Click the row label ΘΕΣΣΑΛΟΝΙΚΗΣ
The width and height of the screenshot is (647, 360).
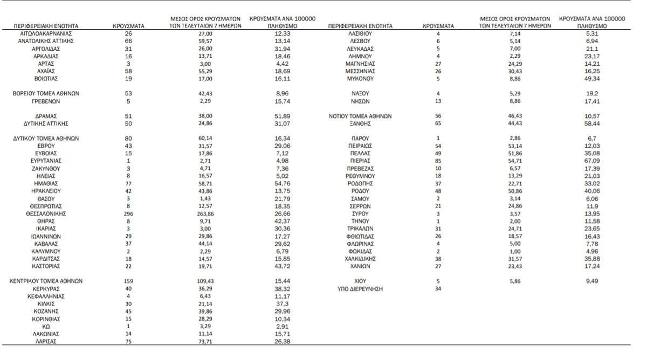tap(46, 213)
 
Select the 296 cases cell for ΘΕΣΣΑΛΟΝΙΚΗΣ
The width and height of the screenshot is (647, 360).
tap(128, 213)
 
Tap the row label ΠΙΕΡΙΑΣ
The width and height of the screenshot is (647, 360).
tap(360, 161)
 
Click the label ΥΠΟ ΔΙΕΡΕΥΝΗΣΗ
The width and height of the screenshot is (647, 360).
tap(360, 289)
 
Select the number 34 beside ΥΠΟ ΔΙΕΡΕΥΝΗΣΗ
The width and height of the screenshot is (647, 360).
tap(438, 289)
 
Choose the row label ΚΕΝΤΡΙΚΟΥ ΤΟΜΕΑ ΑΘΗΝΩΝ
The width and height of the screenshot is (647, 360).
tap(46, 281)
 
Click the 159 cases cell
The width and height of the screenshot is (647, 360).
tap(128, 281)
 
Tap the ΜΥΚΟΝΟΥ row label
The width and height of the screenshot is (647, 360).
tap(360, 79)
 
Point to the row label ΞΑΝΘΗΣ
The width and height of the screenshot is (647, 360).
tap(360, 123)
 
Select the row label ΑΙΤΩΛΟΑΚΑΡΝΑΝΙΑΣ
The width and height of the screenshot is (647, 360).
tap(46, 33)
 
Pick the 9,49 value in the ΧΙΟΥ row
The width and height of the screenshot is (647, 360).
tap(592, 281)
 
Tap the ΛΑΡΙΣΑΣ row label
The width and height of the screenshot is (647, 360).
tap(46, 341)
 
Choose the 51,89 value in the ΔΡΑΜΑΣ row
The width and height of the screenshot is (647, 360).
tap(283, 116)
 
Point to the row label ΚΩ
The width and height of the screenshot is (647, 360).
tap(46, 327)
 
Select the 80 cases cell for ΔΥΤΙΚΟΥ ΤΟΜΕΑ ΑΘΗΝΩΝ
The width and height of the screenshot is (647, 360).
tap(128, 139)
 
